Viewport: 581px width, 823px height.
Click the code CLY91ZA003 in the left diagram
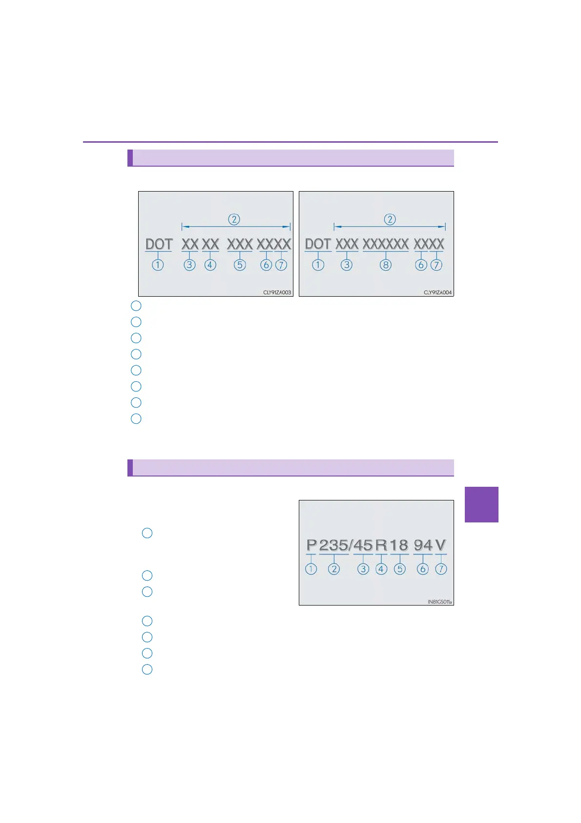tap(277, 292)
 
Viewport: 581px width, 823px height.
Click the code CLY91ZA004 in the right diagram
tap(437, 292)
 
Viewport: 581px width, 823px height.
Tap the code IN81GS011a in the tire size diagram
tap(439, 602)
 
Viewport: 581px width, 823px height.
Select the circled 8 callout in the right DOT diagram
tap(386, 265)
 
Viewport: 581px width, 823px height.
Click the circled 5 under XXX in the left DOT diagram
tap(240, 265)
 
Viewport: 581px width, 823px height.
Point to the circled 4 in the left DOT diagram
tap(210, 265)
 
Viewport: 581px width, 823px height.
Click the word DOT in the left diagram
tap(159, 244)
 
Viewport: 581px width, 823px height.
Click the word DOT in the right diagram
tap(318, 244)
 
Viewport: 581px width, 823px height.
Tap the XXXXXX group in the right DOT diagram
tap(386, 244)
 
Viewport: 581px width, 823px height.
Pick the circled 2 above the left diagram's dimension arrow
tap(234, 219)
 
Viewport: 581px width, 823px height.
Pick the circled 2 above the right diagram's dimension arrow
tap(390, 219)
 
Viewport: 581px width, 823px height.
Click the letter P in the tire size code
tap(311, 545)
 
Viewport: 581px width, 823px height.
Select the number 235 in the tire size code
tap(334, 545)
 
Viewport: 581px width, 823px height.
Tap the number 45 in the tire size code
tap(363, 545)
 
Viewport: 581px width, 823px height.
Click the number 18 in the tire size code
tap(399, 545)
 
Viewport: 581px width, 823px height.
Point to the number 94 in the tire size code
tap(423, 545)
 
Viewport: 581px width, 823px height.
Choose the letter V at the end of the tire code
tap(440, 545)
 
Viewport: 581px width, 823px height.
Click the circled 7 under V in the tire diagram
tap(441, 569)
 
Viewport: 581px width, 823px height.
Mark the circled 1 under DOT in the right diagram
tap(318, 265)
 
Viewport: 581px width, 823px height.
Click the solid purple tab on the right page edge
tap(481, 504)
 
